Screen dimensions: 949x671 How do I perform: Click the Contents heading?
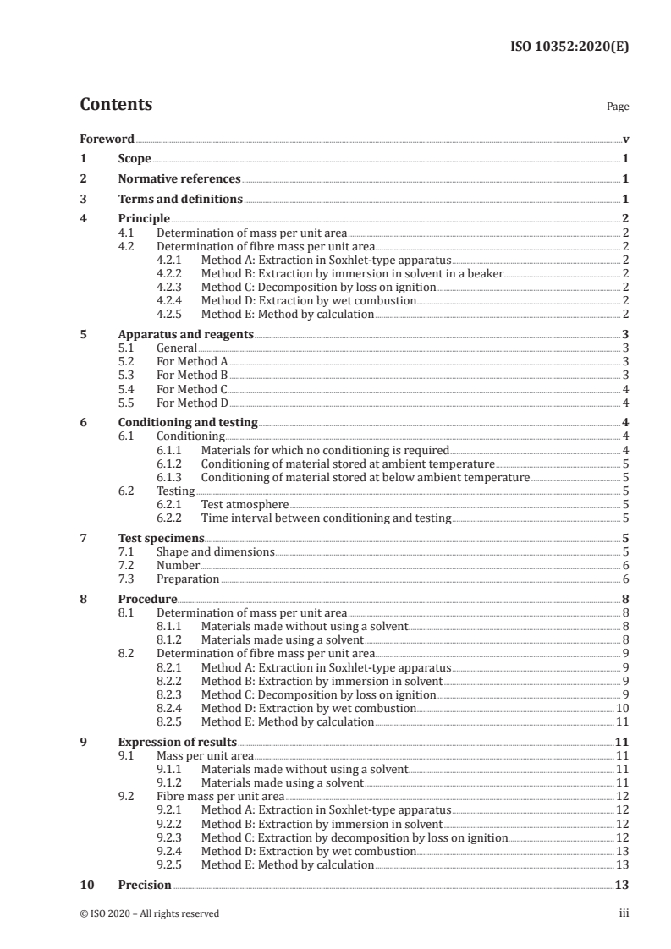116,105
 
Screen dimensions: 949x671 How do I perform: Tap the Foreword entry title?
107,139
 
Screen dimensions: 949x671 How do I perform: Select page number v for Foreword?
625,139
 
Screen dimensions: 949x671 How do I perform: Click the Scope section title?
135,159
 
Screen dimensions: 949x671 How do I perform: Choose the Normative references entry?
179,179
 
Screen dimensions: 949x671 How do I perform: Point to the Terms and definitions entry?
180,200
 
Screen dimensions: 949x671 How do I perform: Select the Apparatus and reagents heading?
186,334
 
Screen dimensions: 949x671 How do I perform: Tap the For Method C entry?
192,388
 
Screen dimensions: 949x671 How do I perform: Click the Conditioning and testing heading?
188,422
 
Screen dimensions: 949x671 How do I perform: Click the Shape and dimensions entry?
216,551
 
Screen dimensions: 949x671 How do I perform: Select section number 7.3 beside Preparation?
127,579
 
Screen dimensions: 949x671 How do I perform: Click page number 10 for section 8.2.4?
622,708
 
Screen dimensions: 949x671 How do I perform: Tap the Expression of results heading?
177,742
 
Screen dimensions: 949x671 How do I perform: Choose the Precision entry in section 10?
145,885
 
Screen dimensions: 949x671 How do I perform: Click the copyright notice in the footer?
150,913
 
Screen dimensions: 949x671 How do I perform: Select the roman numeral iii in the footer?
624,913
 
